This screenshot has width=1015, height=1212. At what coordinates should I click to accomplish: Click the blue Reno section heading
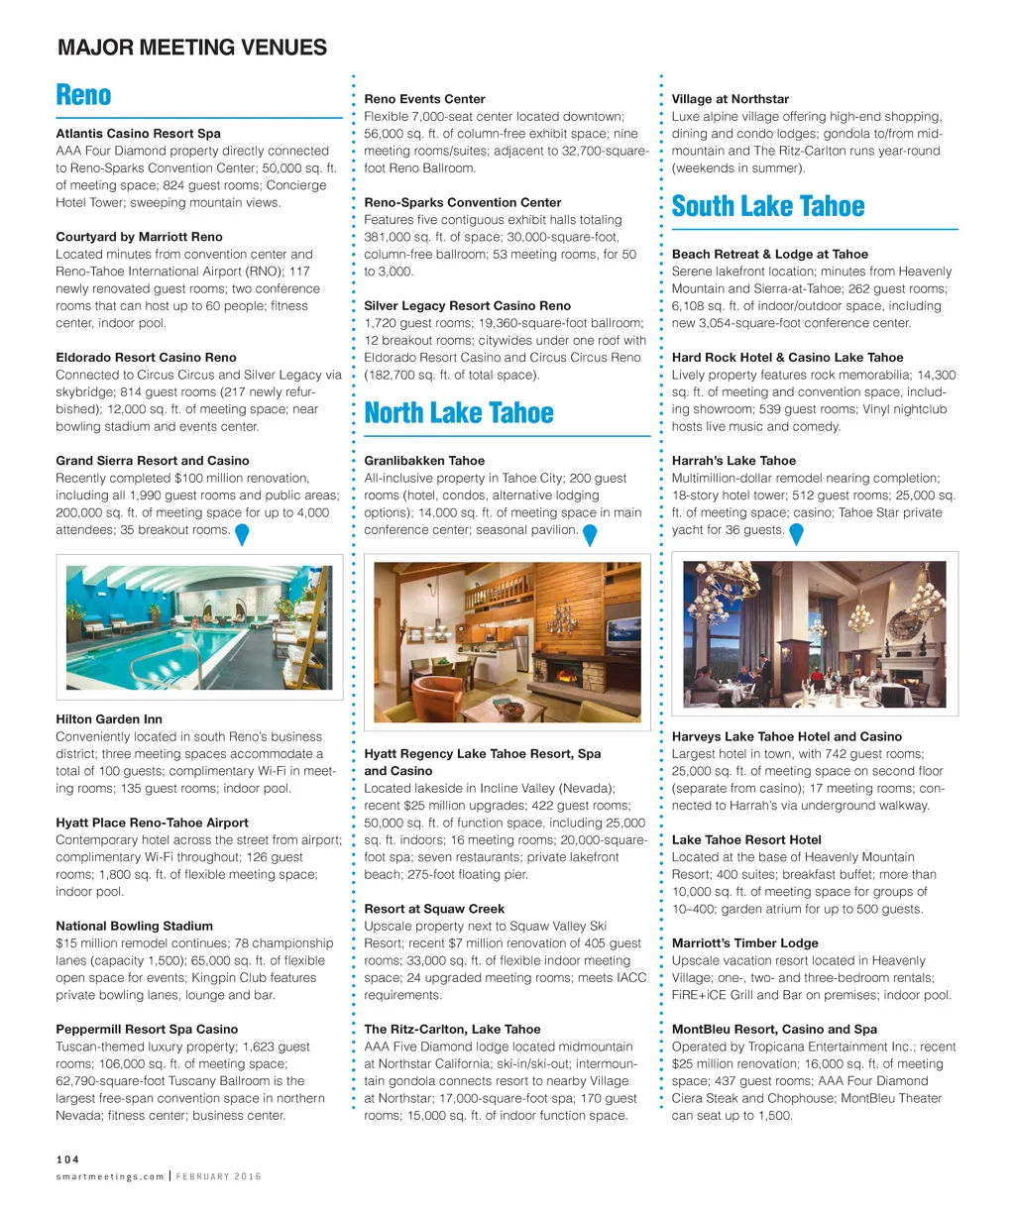83,95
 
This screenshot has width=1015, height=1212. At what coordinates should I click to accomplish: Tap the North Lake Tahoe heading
459,413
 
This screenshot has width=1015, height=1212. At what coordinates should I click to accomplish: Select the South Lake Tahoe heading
768,206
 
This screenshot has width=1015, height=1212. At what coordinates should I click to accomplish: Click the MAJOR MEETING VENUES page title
192,48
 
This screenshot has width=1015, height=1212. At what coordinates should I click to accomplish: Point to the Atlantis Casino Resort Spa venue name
138,134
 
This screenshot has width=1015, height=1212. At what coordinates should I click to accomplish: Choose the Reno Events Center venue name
424,99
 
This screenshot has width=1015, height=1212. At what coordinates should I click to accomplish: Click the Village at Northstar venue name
730,99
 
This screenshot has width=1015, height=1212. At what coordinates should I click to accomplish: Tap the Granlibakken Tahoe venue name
424,461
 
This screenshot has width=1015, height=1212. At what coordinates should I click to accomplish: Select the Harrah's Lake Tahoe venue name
733,461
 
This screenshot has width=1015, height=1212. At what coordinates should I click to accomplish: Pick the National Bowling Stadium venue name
134,927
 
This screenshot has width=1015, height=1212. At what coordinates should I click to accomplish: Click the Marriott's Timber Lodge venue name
744,943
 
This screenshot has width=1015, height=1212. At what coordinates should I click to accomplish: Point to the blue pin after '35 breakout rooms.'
241,534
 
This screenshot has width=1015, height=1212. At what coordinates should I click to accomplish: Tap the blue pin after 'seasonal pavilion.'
590,534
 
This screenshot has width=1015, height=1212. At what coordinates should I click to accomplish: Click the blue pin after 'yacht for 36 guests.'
795,534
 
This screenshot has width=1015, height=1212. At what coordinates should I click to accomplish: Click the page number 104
67,1158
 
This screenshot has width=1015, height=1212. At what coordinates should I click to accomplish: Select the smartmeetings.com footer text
110,1176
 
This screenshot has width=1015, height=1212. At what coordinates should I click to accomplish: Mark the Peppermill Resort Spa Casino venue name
147,1030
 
